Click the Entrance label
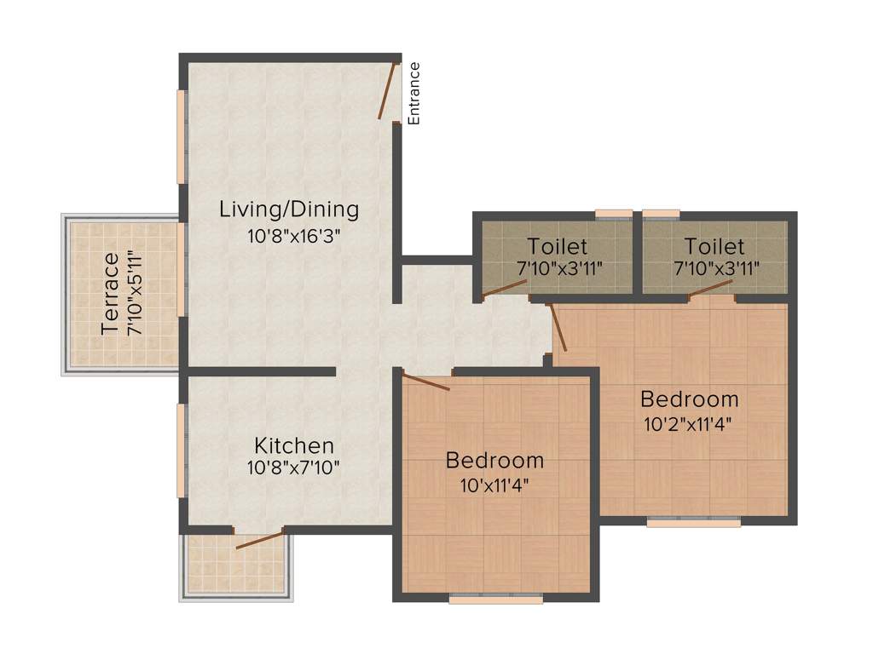pos(414,94)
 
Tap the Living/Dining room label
pos(289,209)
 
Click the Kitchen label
pos(294,445)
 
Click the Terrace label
pos(110,294)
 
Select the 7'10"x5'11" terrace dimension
pos(134,294)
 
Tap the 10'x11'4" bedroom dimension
pos(495,488)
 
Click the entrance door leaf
pos(389,90)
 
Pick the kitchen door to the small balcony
pos(259,540)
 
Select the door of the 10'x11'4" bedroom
pos(425,381)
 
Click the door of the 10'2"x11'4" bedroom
pos(558,327)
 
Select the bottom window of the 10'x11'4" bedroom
pos(496,599)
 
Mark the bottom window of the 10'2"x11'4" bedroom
pos(693,522)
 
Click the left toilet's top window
pos(614,213)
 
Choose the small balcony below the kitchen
pos(237,566)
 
